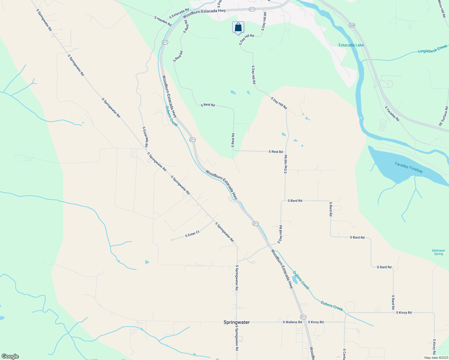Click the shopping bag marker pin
point(238,27)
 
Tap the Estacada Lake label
point(351,45)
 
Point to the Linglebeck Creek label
point(432,49)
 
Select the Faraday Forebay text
point(409,167)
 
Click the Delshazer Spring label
point(438,252)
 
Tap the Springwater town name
point(237,322)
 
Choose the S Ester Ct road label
point(192,234)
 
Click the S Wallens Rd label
point(292,322)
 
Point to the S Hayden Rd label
point(163,21)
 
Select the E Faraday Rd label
point(392,113)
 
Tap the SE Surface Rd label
point(443,116)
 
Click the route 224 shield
point(352,25)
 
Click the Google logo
point(10,356)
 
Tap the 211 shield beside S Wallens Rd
point(303,317)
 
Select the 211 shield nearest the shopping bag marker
point(252,9)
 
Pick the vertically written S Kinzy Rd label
point(434,347)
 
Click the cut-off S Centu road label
point(345,354)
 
